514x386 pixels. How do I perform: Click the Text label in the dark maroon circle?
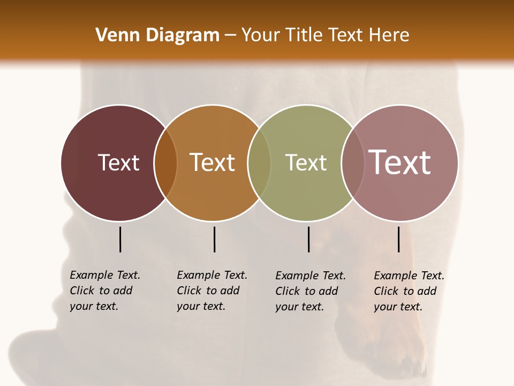[118, 162]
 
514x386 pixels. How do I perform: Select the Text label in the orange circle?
[212, 162]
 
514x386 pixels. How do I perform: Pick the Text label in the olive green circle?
[306, 162]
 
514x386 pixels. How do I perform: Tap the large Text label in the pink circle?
[400, 162]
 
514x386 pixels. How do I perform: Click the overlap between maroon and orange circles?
[165, 163]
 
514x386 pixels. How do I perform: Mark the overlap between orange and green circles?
[259, 163]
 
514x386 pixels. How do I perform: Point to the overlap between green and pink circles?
[352, 163]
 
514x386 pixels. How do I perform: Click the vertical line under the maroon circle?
[120, 239]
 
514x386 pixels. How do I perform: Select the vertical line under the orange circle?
[214, 239]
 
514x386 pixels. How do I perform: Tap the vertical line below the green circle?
[308, 239]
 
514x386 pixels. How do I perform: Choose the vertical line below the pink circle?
[398, 239]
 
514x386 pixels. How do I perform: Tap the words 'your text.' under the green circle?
[299, 307]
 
